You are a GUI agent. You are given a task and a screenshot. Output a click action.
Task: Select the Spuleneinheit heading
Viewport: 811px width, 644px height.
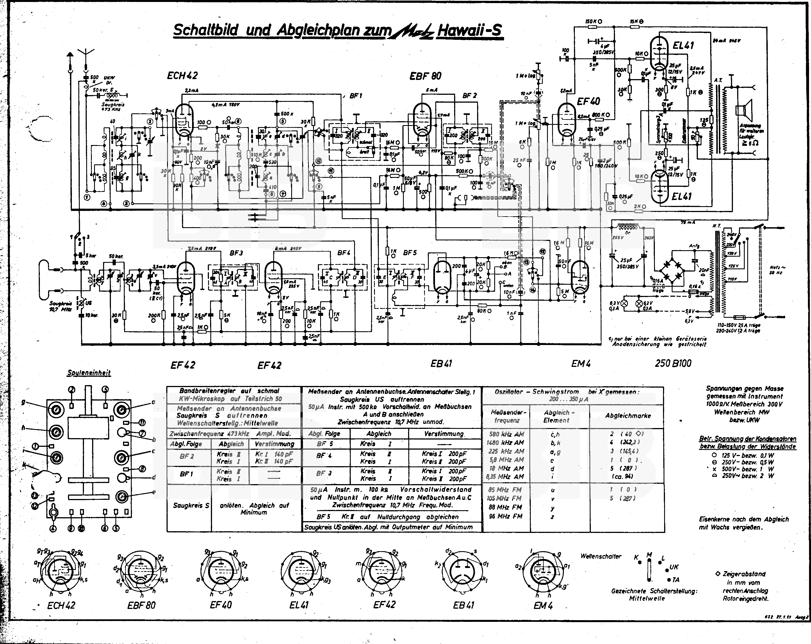tap(89, 373)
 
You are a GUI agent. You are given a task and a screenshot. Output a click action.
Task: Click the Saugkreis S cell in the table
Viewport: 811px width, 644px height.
tap(191, 505)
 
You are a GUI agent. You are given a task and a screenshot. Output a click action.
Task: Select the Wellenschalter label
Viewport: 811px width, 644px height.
tap(601, 556)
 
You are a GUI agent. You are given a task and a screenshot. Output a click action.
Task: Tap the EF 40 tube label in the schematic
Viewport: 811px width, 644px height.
tap(589, 102)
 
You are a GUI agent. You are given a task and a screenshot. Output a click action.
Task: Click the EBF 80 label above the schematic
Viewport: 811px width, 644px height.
tap(425, 76)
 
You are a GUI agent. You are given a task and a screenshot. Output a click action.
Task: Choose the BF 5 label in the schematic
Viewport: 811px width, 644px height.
tap(410, 253)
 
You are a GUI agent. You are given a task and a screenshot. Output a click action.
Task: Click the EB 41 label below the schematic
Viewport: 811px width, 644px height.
tap(441, 363)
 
